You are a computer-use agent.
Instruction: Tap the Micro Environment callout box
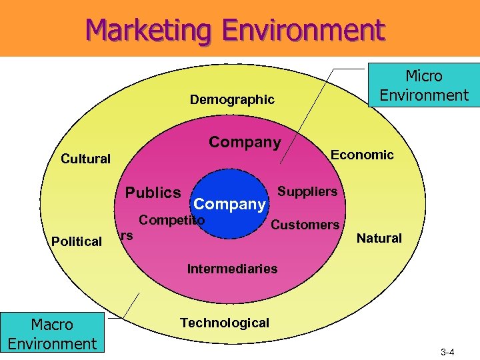pyautogui.click(x=424, y=85)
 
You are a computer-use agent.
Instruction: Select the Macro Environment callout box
pyautogui.click(x=52, y=334)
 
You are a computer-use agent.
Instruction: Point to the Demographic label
pyautogui.click(x=232, y=100)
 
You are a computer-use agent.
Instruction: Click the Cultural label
pyautogui.click(x=85, y=159)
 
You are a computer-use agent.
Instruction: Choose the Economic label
pyautogui.click(x=363, y=155)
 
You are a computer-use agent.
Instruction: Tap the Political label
pyautogui.click(x=77, y=241)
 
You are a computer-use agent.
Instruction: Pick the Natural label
pyautogui.click(x=379, y=238)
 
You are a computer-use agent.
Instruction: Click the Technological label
pyautogui.click(x=225, y=323)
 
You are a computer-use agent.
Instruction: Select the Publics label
pyautogui.click(x=153, y=193)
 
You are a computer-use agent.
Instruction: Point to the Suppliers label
pyautogui.click(x=307, y=192)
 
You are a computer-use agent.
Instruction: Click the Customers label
pyautogui.click(x=305, y=225)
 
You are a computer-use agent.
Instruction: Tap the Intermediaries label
pyautogui.click(x=232, y=269)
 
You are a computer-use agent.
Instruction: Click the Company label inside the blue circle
pyautogui.click(x=229, y=204)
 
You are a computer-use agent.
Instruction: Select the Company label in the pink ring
pyautogui.click(x=245, y=143)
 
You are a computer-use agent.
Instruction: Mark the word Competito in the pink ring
pyautogui.click(x=171, y=220)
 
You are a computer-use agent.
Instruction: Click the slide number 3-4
pyautogui.click(x=447, y=351)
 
